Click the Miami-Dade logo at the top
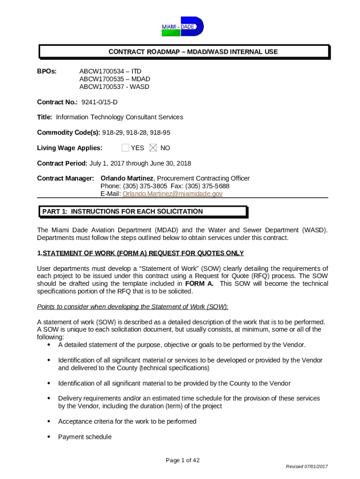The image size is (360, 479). (x=182, y=27)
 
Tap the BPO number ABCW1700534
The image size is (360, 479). (x=101, y=71)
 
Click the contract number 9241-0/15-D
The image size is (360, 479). (x=100, y=102)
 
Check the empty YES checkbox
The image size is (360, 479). (x=125, y=148)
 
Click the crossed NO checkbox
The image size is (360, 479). (x=153, y=148)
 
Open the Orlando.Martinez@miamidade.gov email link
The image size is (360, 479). (x=172, y=194)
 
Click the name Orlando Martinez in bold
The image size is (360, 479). (x=127, y=178)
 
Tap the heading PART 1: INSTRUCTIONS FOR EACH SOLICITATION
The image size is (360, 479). (x=122, y=211)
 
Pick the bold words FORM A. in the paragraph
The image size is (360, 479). (x=199, y=283)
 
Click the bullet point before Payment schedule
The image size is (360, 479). (x=49, y=437)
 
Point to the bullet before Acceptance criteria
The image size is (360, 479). (x=49, y=421)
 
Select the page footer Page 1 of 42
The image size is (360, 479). (x=183, y=460)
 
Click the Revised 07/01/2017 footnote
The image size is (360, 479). (x=307, y=467)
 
